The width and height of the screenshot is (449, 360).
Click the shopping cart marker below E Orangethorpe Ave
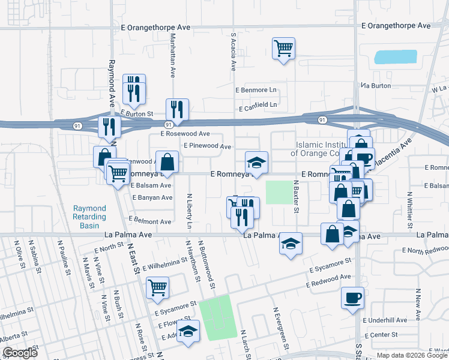pyautogui.click(x=283, y=48)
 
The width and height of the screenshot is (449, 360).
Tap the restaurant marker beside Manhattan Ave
pyautogui.click(x=177, y=109)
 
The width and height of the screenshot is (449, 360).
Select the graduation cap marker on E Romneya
pyautogui.click(x=256, y=163)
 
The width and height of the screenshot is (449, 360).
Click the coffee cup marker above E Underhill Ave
pyautogui.click(x=352, y=298)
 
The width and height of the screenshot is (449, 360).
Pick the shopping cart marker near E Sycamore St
pyautogui.click(x=157, y=287)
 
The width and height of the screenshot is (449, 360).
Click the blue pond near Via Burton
pyautogui.click(x=395, y=58)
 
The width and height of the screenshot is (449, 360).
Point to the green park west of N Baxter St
pyautogui.click(x=277, y=193)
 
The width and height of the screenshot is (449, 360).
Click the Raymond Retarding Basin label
pyautogui.click(x=89, y=217)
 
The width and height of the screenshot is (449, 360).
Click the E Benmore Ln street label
pyautogui.click(x=257, y=90)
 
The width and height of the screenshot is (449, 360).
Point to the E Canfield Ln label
pyautogui.click(x=258, y=105)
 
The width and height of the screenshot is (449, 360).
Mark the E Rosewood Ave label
pyautogui.click(x=185, y=133)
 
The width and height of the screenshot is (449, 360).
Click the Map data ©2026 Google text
pyautogui.click(x=412, y=355)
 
